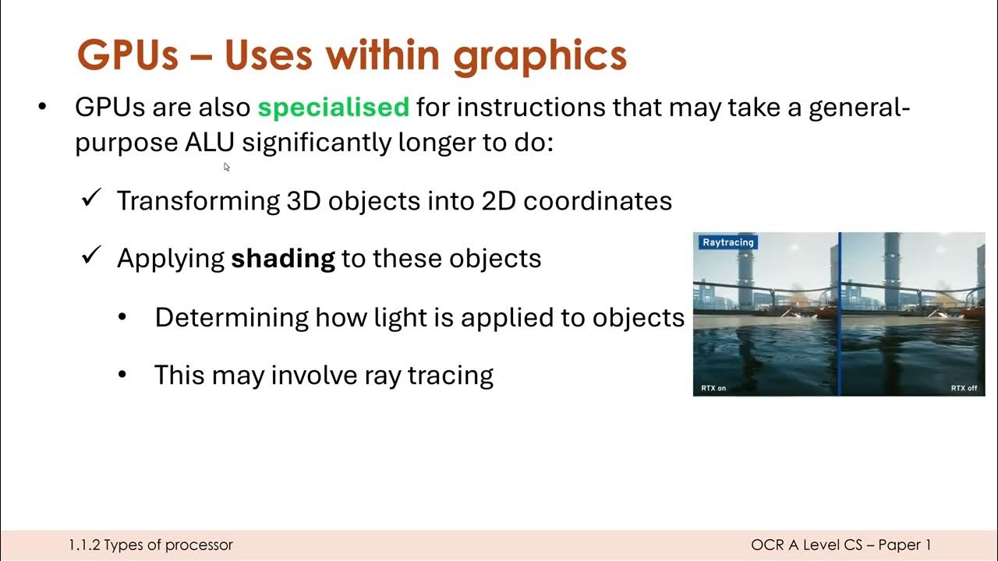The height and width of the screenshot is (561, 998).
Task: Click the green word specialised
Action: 333,108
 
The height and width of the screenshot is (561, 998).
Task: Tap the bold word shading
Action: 283,258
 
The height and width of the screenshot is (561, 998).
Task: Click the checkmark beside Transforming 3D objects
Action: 92,199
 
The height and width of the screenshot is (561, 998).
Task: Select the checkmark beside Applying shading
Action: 92,256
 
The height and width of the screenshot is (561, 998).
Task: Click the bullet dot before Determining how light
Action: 122,318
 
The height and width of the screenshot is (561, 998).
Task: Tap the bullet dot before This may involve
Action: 122,376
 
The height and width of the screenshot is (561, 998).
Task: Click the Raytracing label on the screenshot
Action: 727,242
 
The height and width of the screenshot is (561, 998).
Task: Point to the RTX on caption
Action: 713,388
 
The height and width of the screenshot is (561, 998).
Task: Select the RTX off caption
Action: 964,388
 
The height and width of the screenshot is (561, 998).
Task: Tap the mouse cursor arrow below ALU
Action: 227,167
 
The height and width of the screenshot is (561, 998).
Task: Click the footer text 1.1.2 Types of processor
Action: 150,545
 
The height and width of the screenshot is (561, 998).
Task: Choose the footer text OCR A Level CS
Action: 805,545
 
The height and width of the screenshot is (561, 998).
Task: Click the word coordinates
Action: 597,201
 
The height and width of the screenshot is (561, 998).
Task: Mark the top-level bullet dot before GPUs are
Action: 42,107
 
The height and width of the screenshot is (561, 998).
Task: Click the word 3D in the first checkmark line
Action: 304,201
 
